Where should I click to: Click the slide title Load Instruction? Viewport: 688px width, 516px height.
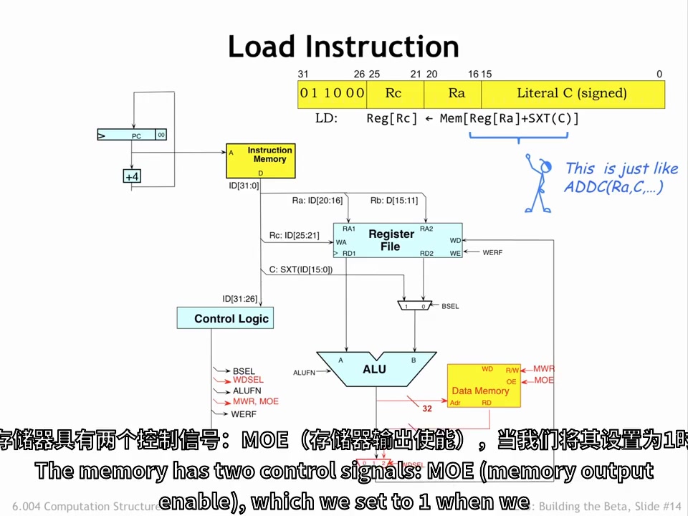[x=343, y=47]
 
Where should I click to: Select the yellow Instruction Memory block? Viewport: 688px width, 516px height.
[x=260, y=161]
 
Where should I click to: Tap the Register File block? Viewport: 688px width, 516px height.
[x=397, y=240]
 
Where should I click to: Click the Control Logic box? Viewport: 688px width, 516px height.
[x=225, y=318]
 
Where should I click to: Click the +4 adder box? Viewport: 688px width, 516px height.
[x=132, y=176]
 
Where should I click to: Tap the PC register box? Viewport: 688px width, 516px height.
[x=132, y=135]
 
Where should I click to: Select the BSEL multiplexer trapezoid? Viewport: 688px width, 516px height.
[x=415, y=306]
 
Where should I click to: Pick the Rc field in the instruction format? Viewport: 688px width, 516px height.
[x=394, y=93]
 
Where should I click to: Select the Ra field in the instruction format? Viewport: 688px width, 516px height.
[x=456, y=93]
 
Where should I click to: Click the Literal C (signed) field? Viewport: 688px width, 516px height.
[x=572, y=93]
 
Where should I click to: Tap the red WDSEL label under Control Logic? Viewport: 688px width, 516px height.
[x=248, y=380]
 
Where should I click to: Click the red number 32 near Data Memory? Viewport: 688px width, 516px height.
[x=427, y=408]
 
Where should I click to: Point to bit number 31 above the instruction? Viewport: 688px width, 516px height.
[x=303, y=74]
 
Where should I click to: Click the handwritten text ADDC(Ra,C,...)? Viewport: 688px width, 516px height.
[x=613, y=187]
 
